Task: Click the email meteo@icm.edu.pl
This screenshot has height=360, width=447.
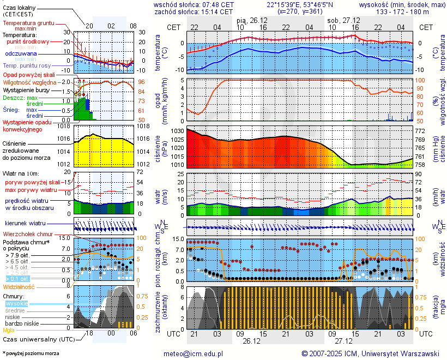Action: point(194,353)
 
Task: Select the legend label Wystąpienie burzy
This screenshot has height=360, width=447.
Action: point(26,89)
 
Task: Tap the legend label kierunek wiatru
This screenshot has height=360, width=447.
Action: point(25,224)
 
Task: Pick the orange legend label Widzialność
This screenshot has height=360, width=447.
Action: point(19,286)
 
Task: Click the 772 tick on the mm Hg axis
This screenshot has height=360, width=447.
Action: point(421,131)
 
